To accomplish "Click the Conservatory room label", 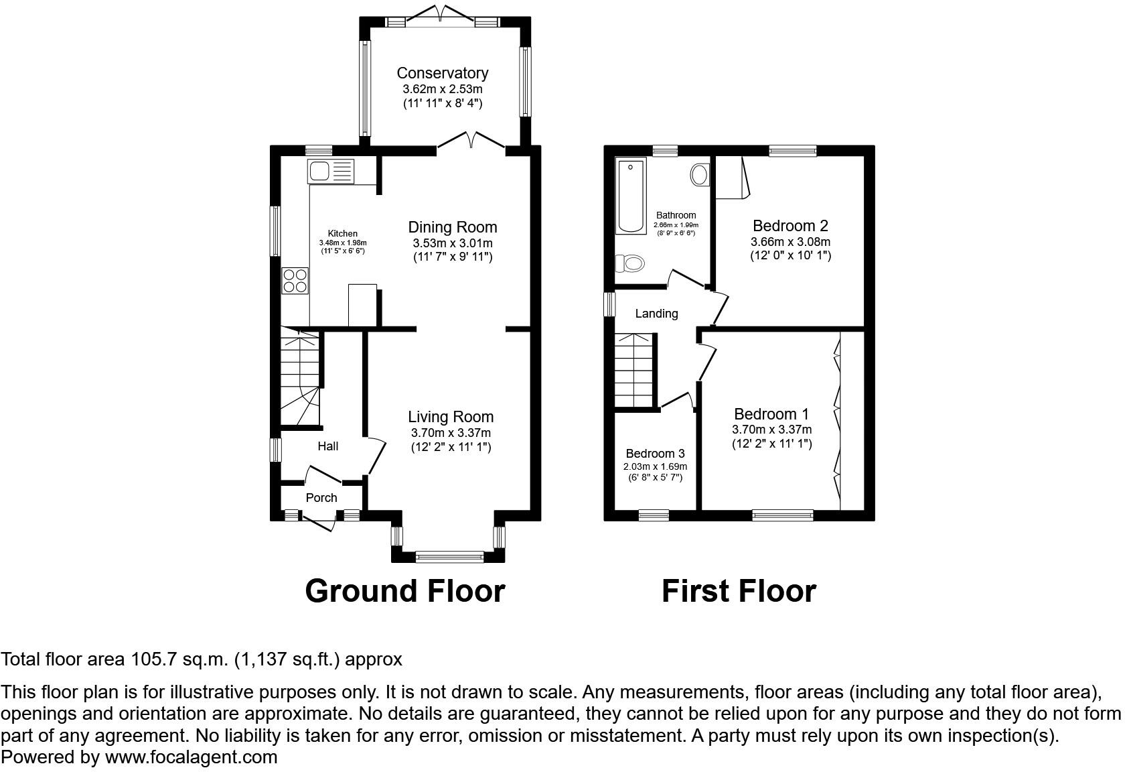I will (x=442, y=73).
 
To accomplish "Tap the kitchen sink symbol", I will (x=330, y=171).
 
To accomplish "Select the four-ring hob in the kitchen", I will (x=295, y=280).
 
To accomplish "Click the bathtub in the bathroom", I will (x=630, y=196).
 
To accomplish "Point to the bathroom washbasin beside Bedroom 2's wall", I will (x=700, y=175).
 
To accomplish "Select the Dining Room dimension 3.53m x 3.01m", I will (x=452, y=243).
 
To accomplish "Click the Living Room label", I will (x=451, y=417).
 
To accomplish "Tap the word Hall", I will (x=327, y=446).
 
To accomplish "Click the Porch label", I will (x=321, y=498).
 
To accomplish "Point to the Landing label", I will (x=656, y=314).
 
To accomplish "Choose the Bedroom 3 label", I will (x=655, y=454).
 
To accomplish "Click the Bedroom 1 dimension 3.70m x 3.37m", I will (x=771, y=430).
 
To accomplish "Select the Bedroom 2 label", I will (x=790, y=226).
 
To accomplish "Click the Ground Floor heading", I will (x=404, y=591).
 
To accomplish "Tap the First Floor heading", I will (x=739, y=591).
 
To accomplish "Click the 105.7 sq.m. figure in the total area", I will (x=179, y=659).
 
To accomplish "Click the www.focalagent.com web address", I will (x=191, y=757).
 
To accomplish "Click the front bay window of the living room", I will (x=449, y=556).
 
